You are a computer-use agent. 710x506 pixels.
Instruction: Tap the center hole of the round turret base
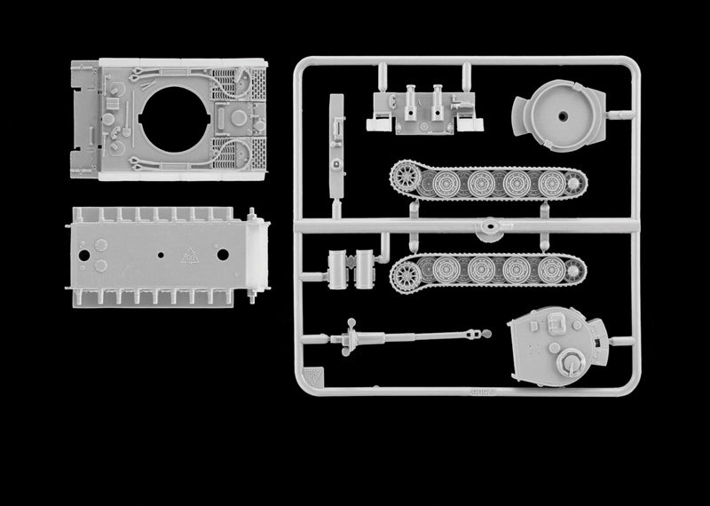(x=563, y=117)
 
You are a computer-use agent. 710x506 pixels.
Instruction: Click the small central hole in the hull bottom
(x=160, y=255)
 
